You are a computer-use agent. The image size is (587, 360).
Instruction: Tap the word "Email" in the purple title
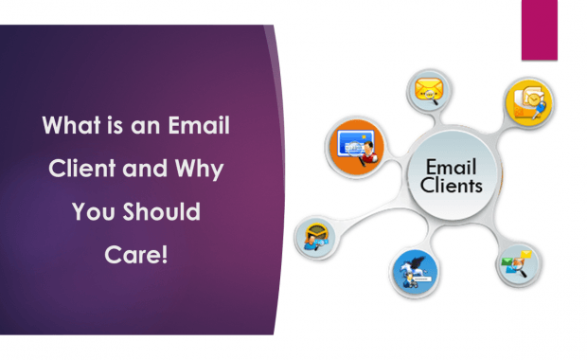click(x=202, y=127)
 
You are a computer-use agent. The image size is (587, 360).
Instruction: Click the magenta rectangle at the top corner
click(x=539, y=29)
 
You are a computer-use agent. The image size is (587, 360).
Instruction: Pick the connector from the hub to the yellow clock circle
click(x=492, y=133)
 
